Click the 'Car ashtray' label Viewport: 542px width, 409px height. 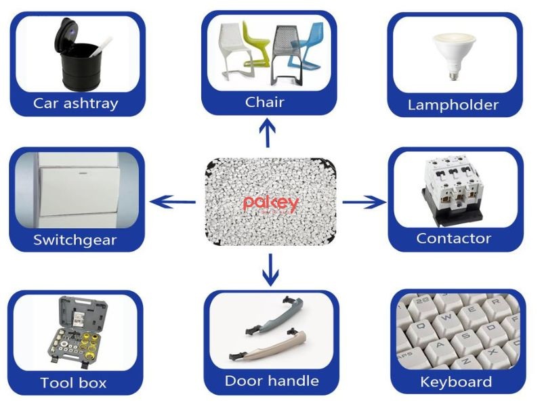pos(76,104)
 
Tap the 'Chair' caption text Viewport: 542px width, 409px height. pos(265,102)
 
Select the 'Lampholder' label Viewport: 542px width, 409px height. pos(453,105)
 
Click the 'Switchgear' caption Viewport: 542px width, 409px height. pos(75,240)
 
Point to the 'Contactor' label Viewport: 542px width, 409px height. pos(453,238)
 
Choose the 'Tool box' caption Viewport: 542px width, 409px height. pos(73,383)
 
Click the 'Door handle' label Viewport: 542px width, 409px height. pos(272,381)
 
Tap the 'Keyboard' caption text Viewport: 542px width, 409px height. pos(456,382)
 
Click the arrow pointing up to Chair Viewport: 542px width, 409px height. pos(269,133)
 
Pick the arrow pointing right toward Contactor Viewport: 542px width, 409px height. pos(364,201)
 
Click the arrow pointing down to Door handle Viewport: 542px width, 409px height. pos(270,269)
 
